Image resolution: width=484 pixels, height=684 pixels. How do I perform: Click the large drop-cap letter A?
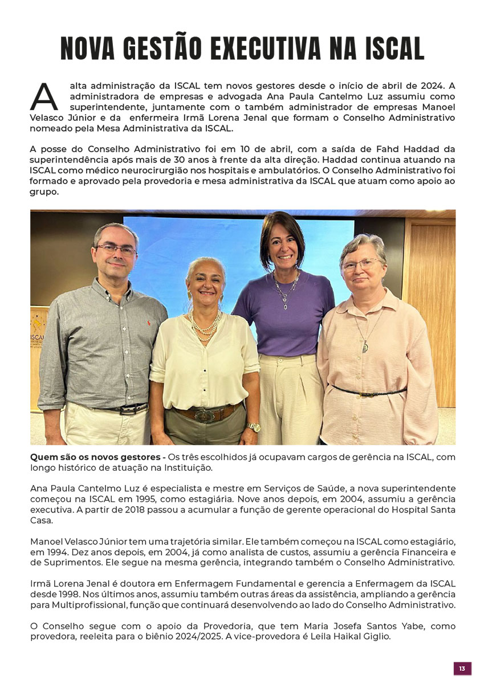tap(43, 97)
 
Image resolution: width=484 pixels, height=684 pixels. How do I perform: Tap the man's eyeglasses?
tap(116, 249)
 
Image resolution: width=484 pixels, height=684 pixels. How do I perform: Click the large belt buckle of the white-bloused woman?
tap(205, 414)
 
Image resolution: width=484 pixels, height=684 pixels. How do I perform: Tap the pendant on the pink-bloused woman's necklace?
tap(365, 346)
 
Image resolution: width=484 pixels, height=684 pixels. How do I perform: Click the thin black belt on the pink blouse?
tap(369, 392)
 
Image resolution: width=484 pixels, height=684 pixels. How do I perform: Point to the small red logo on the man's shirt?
tap(150, 323)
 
